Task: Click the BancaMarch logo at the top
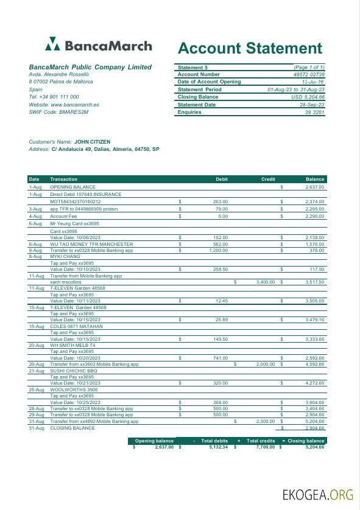(x=88, y=45)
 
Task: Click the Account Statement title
(x=250, y=49)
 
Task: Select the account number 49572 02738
(x=309, y=74)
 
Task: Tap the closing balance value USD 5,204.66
(x=308, y=97)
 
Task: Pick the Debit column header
(x=222, y=179)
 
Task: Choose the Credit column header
(x=268, y=179)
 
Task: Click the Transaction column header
(x=63, y=179)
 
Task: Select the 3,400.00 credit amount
(x=266, y=282)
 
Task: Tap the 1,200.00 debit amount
(x=218, y=250)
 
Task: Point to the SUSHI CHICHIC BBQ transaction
(x=73, y=370)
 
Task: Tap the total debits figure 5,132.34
(x=214, y=447)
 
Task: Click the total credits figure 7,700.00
(x=263, y=447)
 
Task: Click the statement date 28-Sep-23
(x=312, y=105)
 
